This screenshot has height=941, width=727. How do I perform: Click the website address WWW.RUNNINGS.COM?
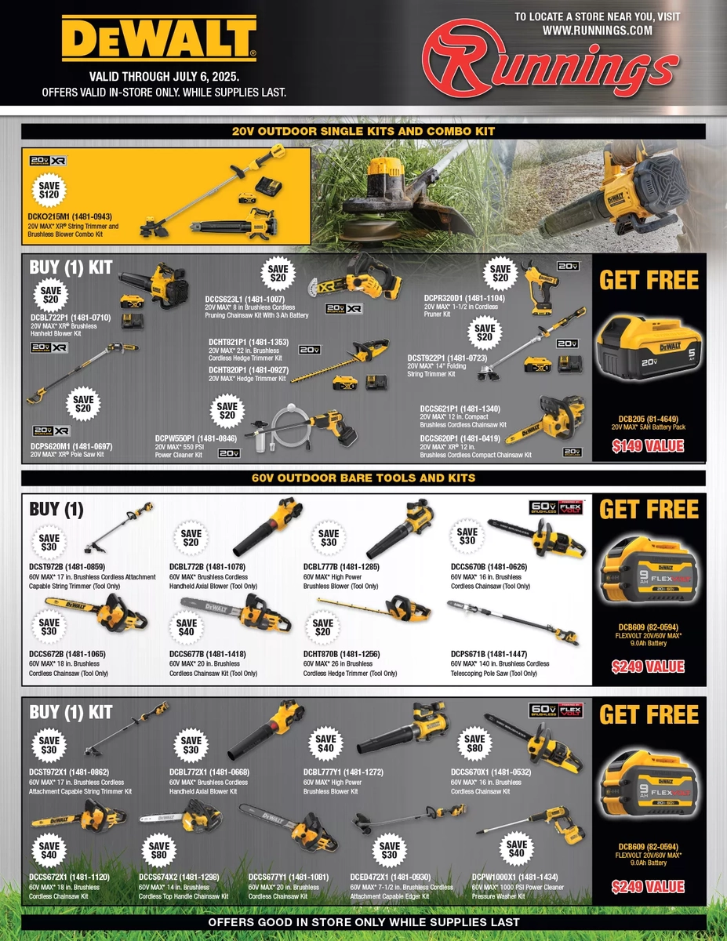(x=598, y=31)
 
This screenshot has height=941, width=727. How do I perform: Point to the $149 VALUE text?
(x=648, y=446)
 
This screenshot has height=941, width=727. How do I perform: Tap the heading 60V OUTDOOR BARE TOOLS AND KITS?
(x=363, y=478)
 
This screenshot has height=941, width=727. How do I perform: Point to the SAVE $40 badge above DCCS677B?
(x=187, y=628)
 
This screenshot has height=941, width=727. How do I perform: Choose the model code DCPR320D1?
(x=452, y=298)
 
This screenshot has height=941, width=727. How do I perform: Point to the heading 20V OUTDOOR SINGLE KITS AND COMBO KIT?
(x=363, y=132)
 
